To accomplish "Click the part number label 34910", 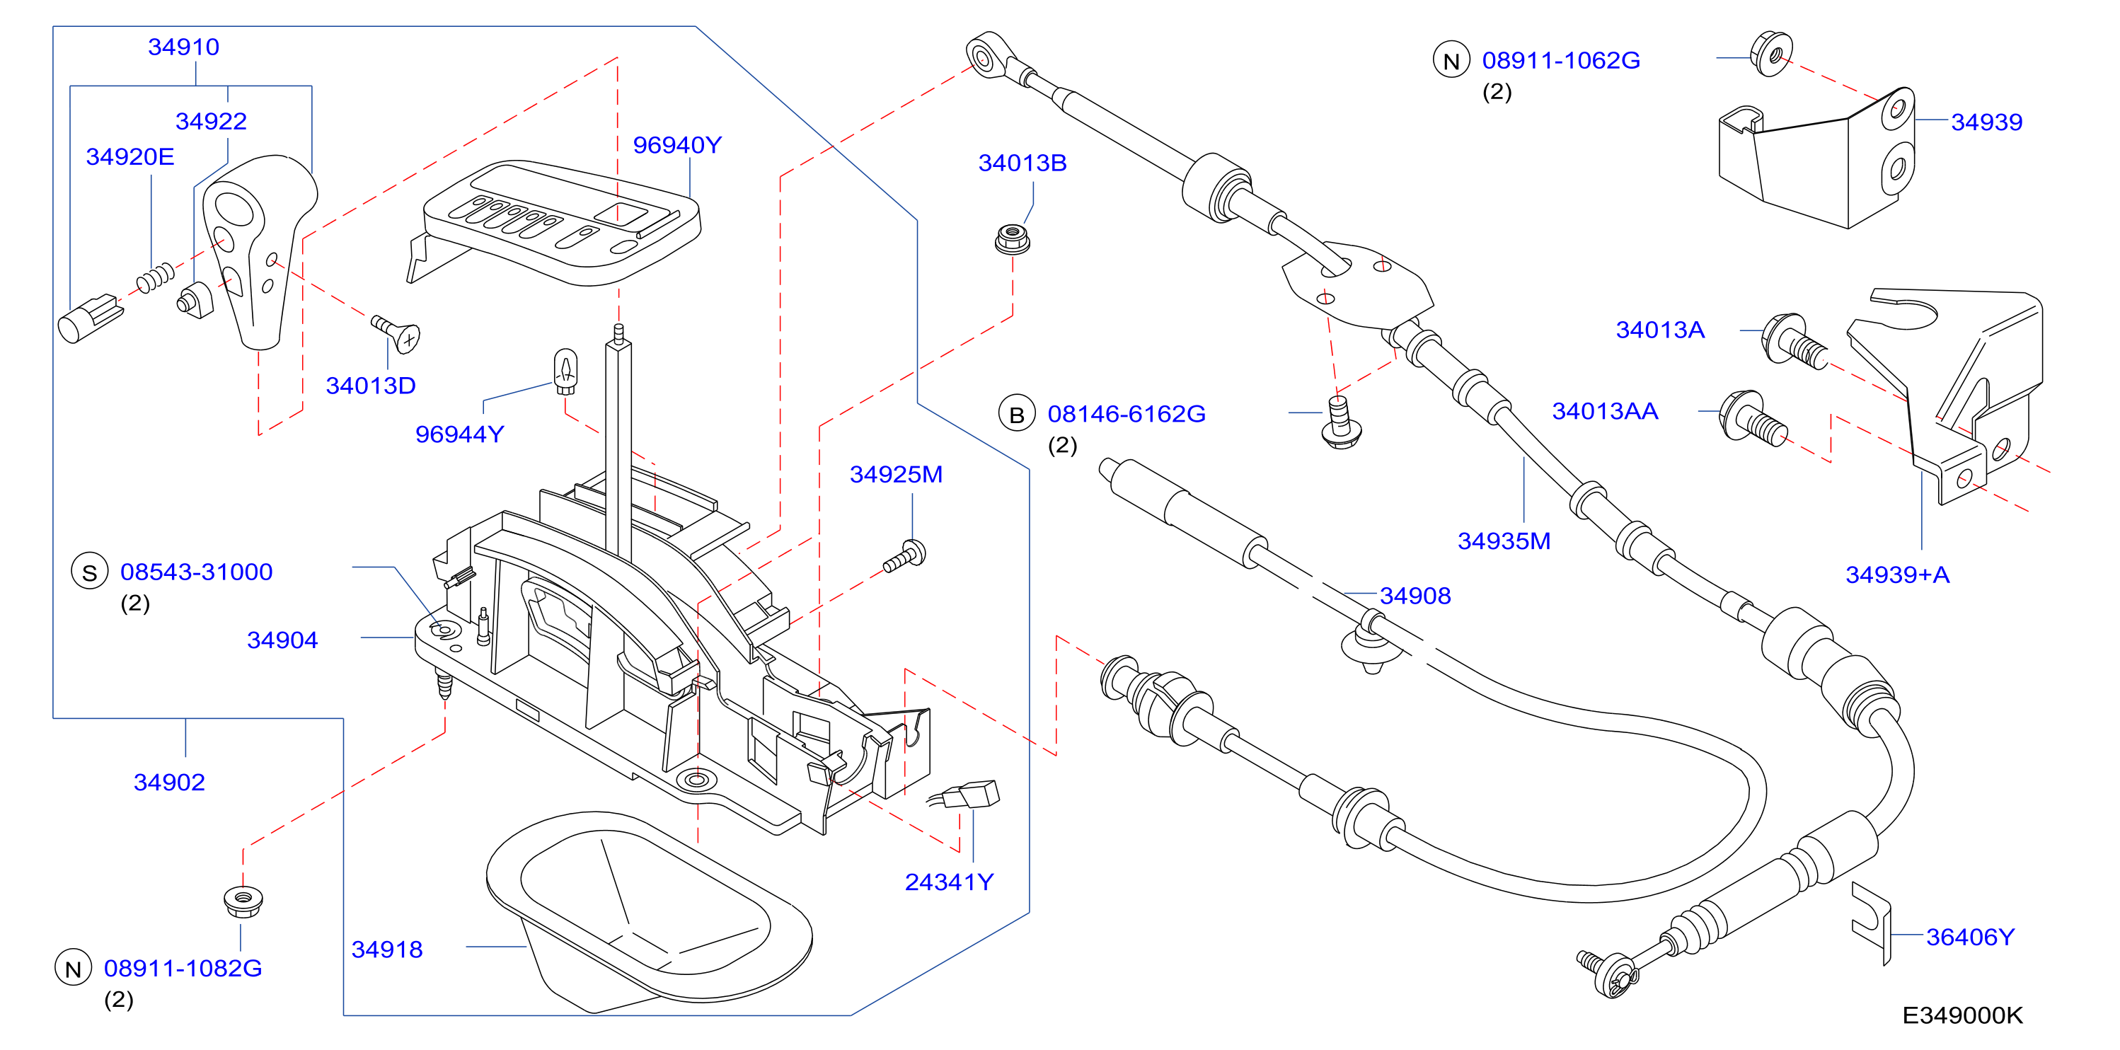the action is tap(183, 47).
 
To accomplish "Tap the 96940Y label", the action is tap(676, 145).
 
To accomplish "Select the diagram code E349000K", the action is tap(1962, 1015).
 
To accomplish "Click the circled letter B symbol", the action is tap(1018, 414).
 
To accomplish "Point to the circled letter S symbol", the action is tap(90, 572).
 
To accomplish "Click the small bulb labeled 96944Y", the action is tap(565, 371).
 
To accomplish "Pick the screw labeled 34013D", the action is tap(397, 333).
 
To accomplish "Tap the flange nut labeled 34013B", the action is tap(1013, 238).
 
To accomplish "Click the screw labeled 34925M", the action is tap(904, 556).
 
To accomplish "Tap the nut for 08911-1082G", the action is tap(243, 902).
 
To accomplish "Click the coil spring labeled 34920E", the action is tap(156, 277).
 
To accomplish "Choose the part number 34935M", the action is tap(1504, 541).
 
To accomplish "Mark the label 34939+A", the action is tap(1897, 575).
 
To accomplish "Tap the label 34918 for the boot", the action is tap(387, 949).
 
